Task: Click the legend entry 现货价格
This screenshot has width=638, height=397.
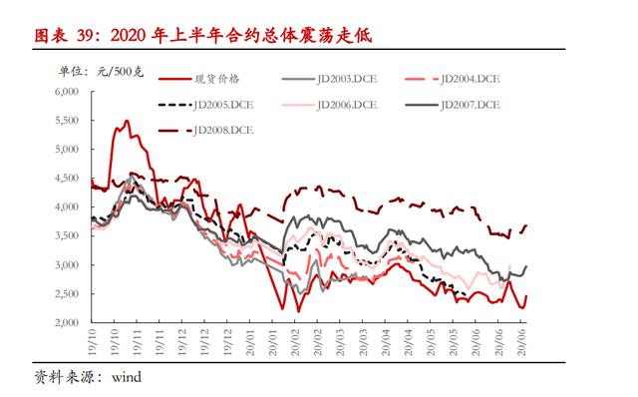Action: [x=218, y=78]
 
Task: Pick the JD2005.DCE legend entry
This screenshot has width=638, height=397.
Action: [x=218, y=104]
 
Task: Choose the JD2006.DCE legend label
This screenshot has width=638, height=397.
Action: [x=344, y=104]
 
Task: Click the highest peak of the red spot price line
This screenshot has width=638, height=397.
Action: [x=127, y=121]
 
